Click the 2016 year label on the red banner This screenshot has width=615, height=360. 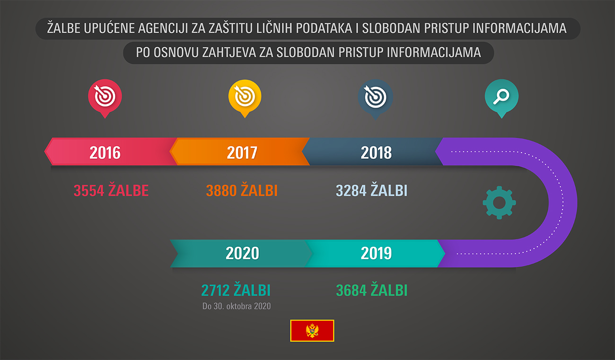[105, 152]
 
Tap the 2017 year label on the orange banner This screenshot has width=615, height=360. [242, 152]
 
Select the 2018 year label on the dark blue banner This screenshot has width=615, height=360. [376, 152]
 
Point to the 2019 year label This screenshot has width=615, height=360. [376, 253]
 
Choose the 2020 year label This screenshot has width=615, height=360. [242, 253]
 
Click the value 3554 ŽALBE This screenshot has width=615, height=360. [111, 190]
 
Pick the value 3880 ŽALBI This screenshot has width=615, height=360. [242, 190]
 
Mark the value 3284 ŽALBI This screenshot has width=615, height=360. [371, 190]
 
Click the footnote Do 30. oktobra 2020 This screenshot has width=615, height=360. [237, 306]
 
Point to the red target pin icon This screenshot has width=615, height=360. [105, 98]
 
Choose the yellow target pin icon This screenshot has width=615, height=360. [245, 98]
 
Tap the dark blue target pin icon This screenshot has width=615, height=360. [375, 99]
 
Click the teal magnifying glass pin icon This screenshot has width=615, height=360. [501, 98]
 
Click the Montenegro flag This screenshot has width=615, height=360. [312, 331]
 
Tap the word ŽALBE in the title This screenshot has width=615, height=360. [63, 28]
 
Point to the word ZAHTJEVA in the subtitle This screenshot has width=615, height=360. [229, 52]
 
